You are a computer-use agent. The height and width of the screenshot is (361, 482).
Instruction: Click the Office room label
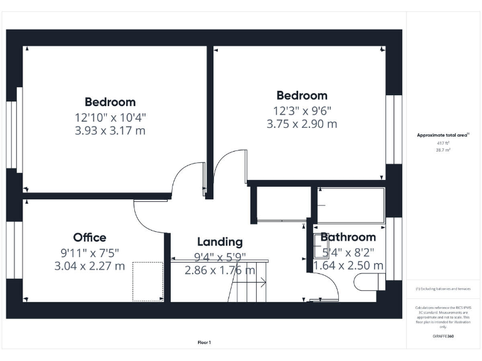[90, 238]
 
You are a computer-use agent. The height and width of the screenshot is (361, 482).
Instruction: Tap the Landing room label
[220, 242]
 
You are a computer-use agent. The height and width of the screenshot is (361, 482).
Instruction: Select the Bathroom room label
[348, 237]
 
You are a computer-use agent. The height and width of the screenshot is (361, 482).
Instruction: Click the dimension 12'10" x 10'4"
[110, 117]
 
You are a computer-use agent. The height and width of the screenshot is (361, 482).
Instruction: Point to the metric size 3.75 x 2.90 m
[301, 124]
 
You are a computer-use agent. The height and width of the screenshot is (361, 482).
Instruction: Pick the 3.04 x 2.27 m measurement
[90, 266]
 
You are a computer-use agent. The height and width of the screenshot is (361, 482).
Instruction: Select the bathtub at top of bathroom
[350, 204]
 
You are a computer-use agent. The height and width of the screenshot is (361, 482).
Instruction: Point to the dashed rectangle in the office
[147, 281]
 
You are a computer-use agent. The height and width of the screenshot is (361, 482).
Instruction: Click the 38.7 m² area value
[443, 150]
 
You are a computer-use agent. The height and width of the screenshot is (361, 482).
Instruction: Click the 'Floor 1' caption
[205, 343]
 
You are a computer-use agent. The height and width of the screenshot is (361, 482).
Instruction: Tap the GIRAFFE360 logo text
[443, 337]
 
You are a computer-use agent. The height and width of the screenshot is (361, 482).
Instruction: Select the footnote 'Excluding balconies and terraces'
[443, 289]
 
